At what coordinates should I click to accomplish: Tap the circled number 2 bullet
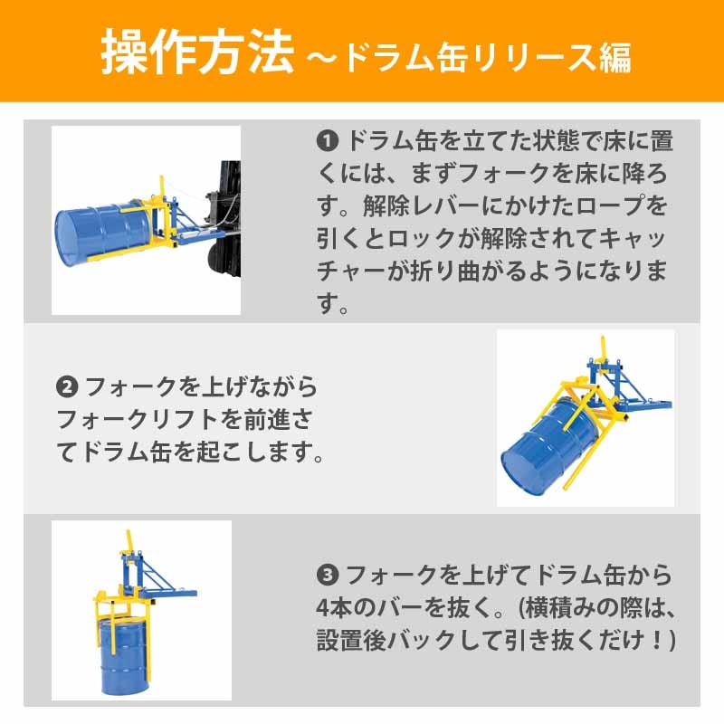[x=66, y=387]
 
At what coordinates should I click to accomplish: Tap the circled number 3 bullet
[x=327, y=576]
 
